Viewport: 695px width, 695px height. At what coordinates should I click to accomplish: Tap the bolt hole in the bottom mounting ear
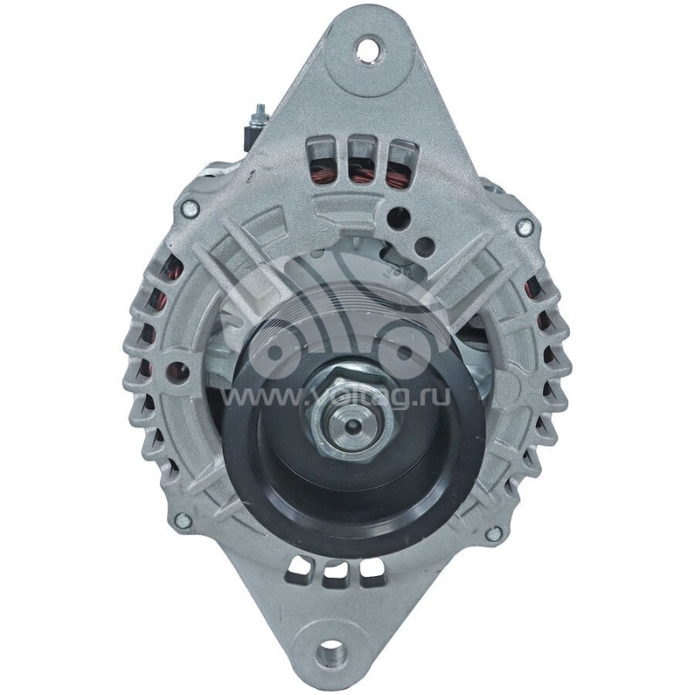point(330,651)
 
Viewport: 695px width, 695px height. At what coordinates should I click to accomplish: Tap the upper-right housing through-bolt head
point(523,228)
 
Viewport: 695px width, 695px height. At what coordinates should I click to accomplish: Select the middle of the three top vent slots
point(362,160)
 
